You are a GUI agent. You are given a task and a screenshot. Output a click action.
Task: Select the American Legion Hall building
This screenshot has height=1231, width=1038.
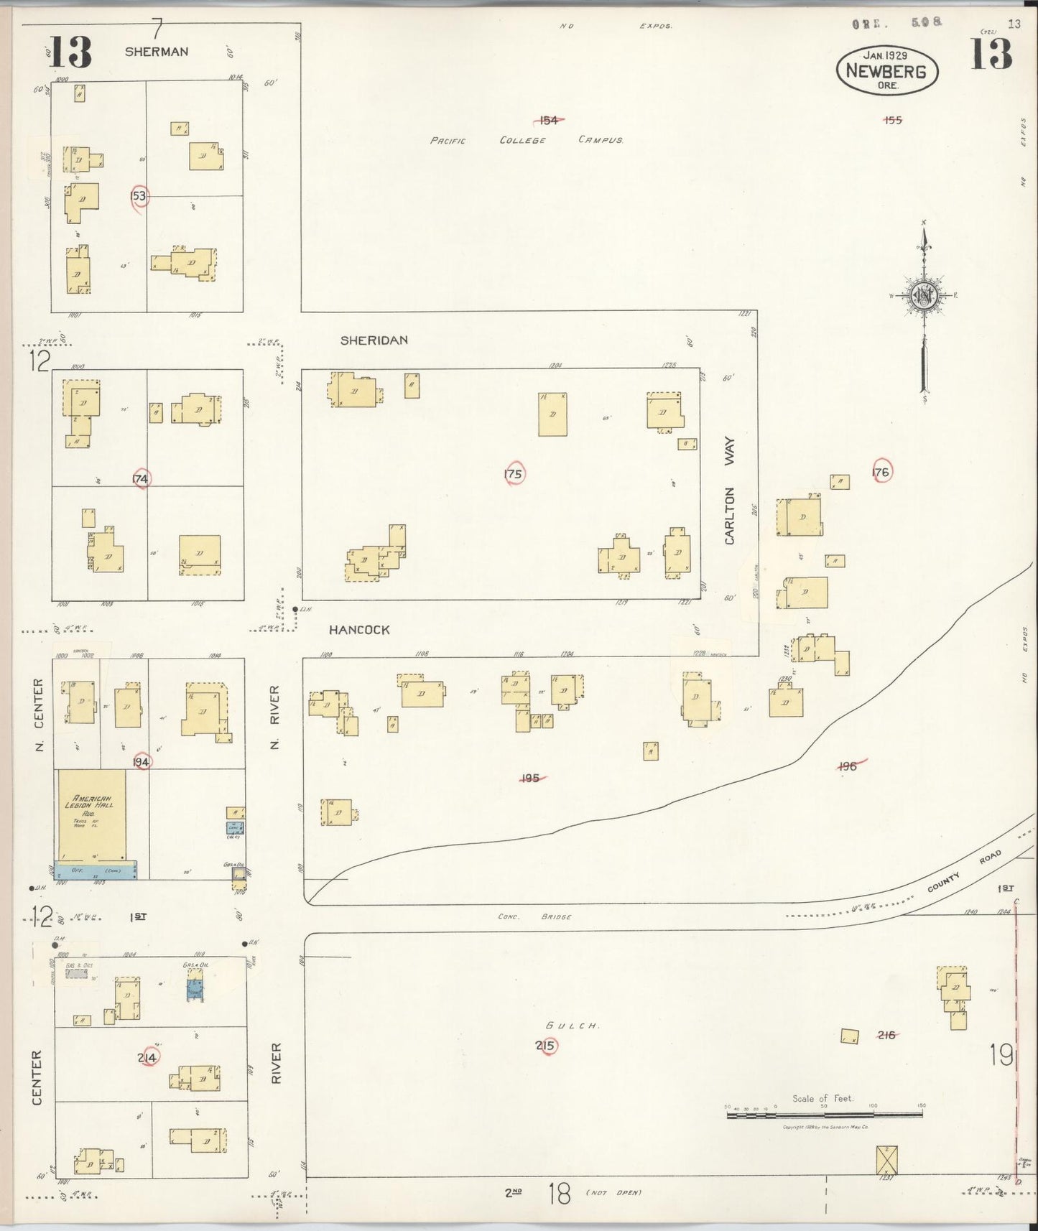point(91,815)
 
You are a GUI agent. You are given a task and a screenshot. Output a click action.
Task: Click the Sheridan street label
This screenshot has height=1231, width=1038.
point(374,340)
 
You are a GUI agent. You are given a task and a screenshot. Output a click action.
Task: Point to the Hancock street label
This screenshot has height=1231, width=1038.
point(359,630)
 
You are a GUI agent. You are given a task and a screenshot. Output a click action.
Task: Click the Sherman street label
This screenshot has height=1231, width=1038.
point(156,52)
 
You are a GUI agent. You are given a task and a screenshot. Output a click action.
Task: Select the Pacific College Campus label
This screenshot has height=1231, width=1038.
point(526,141)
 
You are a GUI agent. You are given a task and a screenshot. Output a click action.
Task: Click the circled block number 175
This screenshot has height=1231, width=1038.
point(513,474)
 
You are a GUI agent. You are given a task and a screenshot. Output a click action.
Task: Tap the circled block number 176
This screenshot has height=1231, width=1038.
point(881,472)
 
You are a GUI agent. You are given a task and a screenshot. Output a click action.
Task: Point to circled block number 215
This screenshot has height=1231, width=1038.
point(545,1046)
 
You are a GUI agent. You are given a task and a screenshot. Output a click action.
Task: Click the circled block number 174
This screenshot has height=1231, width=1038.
point(141,478)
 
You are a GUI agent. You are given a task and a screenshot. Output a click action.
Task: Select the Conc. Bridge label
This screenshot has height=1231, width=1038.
point(535,917)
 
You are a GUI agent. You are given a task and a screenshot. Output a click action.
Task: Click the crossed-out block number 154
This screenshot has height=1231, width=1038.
point(548,120)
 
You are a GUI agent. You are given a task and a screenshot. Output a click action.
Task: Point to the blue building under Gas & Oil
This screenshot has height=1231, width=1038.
point(194,989)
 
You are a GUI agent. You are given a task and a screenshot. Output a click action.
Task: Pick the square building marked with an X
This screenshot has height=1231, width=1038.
point(886,1159)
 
